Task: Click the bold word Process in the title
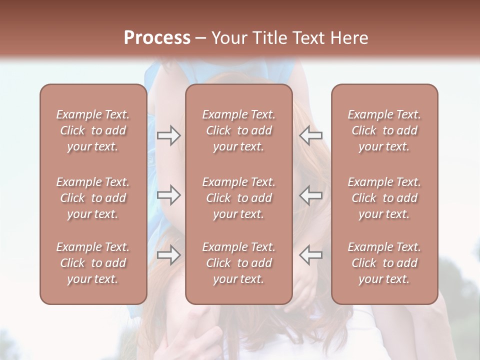pos(157,38)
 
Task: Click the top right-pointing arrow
pos(168,135)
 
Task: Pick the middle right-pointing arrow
pos(168,195)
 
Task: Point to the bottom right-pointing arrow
pos(168,254)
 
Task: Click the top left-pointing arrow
pos(310,135)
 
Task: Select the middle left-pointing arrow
pos(310,195)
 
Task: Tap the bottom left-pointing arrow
pos(310,254)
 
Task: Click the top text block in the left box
pos(93,130)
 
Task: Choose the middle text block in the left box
pos(93,198)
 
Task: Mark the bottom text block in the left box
pos(93,263)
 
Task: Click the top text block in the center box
pos(238,130)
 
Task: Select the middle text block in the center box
pos(238,198)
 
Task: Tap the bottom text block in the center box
pos(238,263)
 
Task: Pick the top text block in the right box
pos(384,130)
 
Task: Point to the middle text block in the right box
pos(384,198)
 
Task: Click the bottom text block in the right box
pos(384,263)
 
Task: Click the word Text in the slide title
pos(307,38)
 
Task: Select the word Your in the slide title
pos(227,38)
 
